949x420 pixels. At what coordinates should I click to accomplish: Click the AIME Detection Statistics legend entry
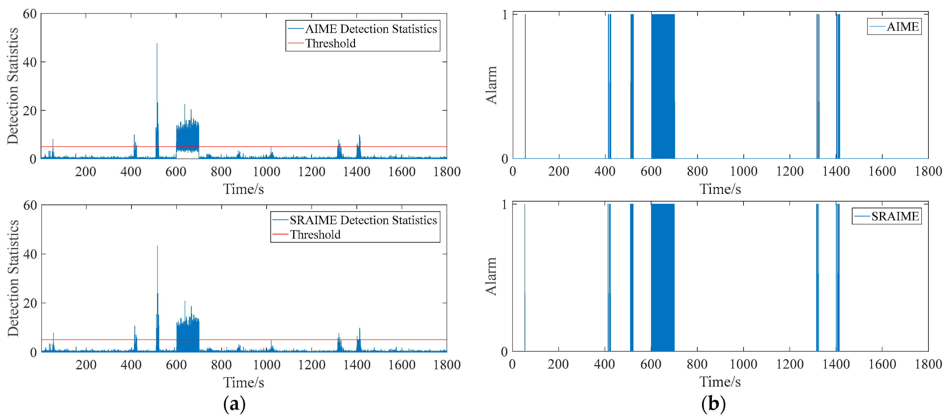point(370,29)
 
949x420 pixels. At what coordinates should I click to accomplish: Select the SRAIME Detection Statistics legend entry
point(363,220)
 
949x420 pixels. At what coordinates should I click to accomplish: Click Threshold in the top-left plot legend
point(330,43)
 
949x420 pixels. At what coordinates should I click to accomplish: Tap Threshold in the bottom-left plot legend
point(315,235)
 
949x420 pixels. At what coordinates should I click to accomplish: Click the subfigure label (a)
point(234,404)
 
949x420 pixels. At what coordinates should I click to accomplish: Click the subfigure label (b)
point(713,404)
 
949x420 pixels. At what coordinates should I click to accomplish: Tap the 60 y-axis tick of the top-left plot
point(30,14)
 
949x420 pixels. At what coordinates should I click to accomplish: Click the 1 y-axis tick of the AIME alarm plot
point(505,15)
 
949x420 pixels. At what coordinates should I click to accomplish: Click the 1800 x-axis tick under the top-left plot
point(447,172)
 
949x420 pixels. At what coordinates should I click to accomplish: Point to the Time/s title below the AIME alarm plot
point(720,189)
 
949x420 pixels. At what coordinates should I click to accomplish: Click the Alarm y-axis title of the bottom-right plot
point(491,276)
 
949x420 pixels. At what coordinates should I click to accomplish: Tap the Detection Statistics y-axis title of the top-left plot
point(13,86)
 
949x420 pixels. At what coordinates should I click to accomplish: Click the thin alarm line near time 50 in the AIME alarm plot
point(525,86)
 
